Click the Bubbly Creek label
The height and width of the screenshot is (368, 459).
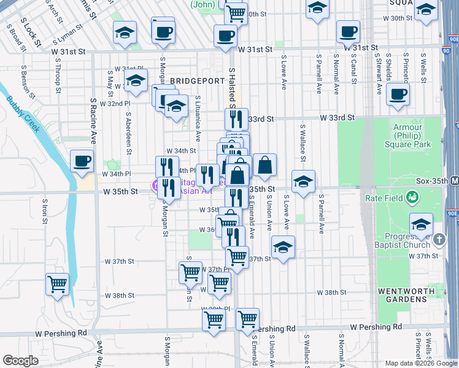tap(24, 114)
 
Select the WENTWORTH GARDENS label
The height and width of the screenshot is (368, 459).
tap(402, 294)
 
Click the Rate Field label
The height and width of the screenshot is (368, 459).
tap(382, 197)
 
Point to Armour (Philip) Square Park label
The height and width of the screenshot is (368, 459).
tap(412, 136)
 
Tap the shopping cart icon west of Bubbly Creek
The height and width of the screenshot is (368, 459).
tap(57, 284)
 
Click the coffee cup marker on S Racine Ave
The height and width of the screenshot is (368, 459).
tap(82, 161)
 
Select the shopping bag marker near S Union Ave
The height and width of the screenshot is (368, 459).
tap(264, 164)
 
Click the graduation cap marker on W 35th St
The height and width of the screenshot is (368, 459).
tap(303, 182)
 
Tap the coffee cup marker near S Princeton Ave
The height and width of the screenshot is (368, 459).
tap(398, 94)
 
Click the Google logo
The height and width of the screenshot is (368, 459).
tap(20, 360)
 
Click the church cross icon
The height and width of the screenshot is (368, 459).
tap(439, 239)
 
